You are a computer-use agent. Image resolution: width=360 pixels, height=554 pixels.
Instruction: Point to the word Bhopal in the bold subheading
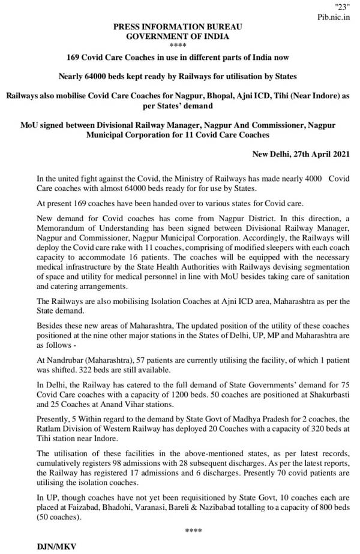click(x=200, y=95)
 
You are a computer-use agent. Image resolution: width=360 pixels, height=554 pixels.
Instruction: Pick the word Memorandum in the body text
click(x=59, y=224)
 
